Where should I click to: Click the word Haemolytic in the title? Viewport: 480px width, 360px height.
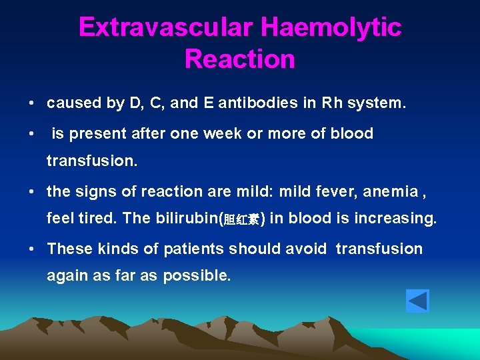pyautogui.click(x=331, y=27)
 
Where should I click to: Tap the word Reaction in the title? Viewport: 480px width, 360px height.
pyautogui.click(x=239, y=59)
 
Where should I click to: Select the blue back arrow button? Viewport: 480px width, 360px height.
pyautogui.click(x=417, y=301)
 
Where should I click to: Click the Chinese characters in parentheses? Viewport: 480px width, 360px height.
pyautogui.click(x=241, y=220)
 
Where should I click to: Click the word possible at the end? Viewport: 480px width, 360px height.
pyautogui.click(x=197, y=275)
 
